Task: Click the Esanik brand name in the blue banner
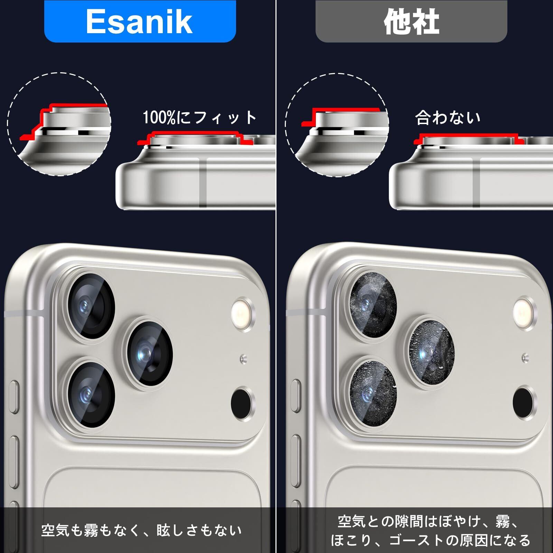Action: [139, 21]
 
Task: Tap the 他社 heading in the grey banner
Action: [411, 21]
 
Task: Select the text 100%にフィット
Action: [199, 118]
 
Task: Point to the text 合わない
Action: [448, 118]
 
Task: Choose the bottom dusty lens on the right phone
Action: [373, 391]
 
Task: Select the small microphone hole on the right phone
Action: [526, 357]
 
